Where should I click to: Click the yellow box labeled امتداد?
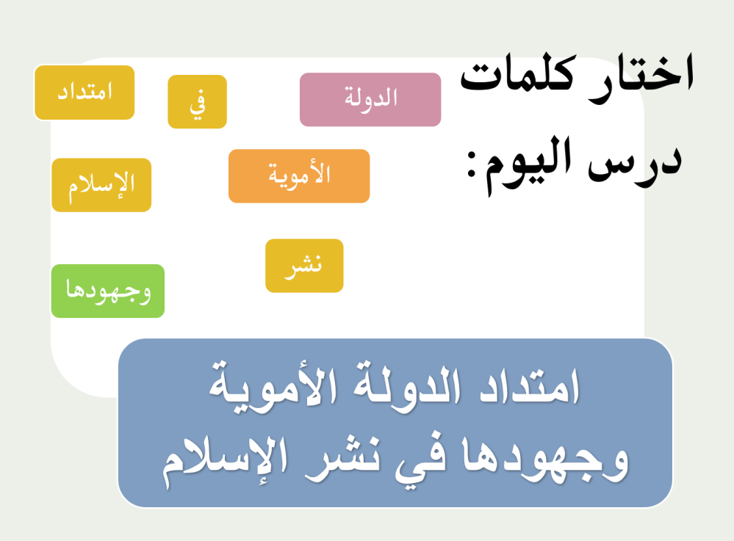(x=84, y=92)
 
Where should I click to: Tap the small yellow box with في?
(x=197, y=102)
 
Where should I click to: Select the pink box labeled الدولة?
(x=370, y=99)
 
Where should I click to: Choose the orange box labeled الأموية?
(x=299, y=176)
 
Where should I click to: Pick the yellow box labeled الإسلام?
(x=101, y=185)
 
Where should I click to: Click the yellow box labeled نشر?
(x=304, y=266)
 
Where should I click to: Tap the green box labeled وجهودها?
(x=107, y=291)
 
